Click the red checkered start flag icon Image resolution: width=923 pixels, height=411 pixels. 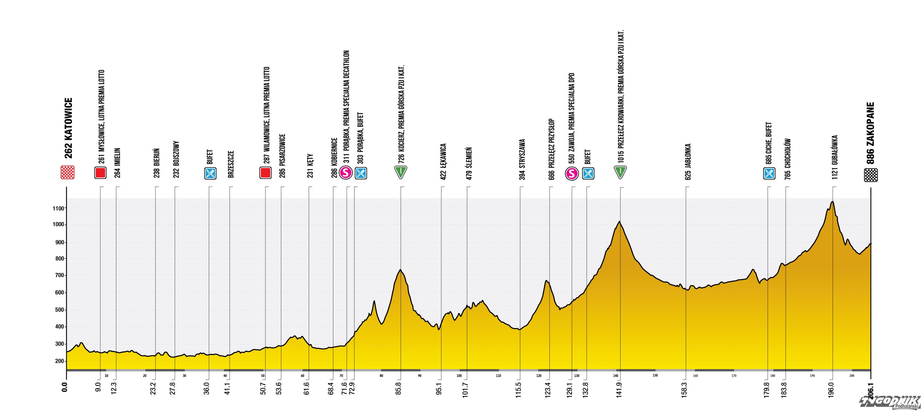pyautogui.click(x=68, y=172)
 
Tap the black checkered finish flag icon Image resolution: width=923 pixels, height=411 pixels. pyautogui.click(x=871, y=175)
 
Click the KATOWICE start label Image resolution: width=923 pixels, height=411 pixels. pyautogui.click(x=68, y=128)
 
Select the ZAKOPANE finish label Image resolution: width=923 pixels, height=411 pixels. pyautogui.click(x=870, y=133)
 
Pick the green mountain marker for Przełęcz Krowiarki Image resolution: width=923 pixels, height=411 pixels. pyautogui.click(x=620, y=172)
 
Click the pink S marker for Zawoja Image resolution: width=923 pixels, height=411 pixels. pyautogui.click(x=572, y=174)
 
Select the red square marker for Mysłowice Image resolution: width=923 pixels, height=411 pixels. pyautogui.click(x=100, y=173)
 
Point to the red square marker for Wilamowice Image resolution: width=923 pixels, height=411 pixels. pyautogui.click(x=265, y=173)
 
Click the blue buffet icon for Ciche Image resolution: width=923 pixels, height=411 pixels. pyautogui.click(x=769, y=174)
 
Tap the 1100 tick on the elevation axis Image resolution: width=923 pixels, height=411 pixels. pyautogui.click(x=59, y=208)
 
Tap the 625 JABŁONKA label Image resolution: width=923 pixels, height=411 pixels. pyautogui.click(x=687, y=161)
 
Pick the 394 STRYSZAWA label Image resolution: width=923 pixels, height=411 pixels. pyautogui.click(x=522, y=159)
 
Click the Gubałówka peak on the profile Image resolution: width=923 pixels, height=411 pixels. pyautogui.click(x=832, y=202)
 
